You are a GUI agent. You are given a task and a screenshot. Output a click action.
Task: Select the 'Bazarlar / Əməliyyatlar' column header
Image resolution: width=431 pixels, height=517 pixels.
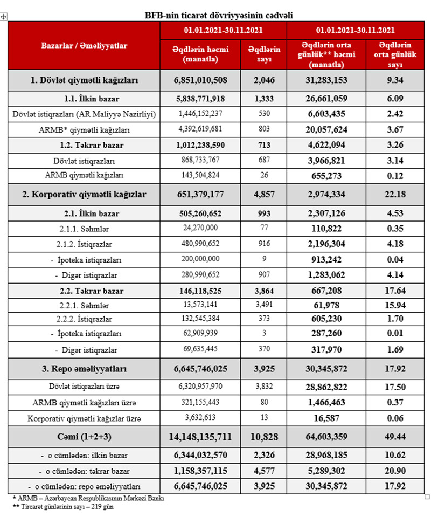[x=84, y=46]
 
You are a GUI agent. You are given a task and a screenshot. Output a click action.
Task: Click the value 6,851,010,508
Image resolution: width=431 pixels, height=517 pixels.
[x=201, y=80]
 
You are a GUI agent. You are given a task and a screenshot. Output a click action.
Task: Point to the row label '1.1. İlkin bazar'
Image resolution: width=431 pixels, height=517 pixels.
[x=84, y=100]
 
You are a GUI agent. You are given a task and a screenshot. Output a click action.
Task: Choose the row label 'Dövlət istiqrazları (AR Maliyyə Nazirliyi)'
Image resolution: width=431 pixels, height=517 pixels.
[x=84, y=115]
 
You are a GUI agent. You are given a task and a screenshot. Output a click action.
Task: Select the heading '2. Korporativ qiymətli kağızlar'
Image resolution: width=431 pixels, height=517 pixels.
[x=84, y=194]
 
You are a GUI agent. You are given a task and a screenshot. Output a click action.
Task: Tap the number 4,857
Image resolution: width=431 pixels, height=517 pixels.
[x=264, y=194]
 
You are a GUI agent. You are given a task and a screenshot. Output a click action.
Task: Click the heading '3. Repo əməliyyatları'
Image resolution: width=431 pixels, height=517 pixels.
[x=84, y=369]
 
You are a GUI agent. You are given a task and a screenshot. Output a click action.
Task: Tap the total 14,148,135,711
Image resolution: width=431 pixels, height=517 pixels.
[x=201, y=437]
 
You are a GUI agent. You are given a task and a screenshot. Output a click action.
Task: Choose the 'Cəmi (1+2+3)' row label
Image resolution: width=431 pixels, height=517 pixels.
[x=84, y=437]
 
